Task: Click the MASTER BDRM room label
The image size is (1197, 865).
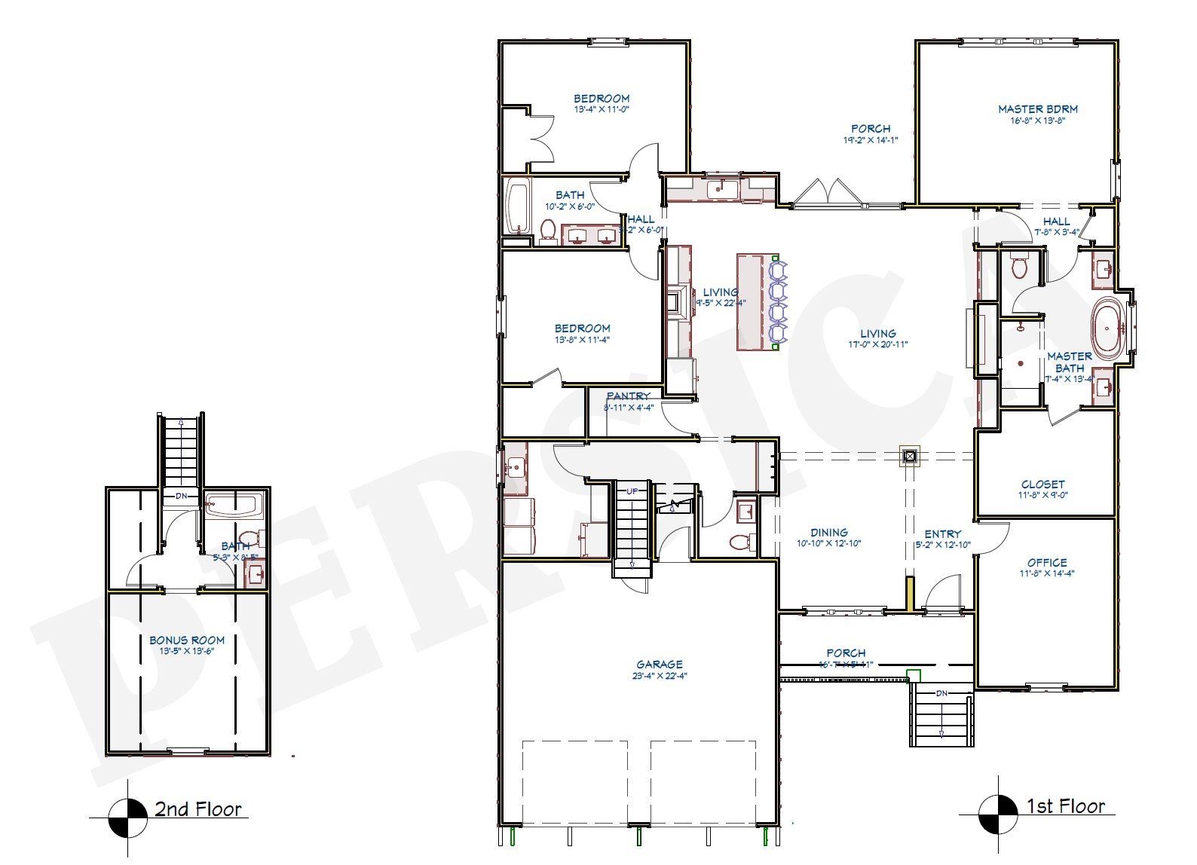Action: click(1037, 109)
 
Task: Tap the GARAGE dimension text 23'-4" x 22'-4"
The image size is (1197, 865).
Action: click(659, 676)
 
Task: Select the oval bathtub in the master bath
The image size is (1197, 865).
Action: click(1108, 329)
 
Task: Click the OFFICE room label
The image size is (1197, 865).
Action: click(1046, 562)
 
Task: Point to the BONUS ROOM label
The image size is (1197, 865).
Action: click(186, 640)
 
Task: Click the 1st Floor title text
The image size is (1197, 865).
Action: click(1065, 806)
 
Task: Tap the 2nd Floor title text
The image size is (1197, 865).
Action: click(197, 809)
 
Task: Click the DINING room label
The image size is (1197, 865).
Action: click(828, 532)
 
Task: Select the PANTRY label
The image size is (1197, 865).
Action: click(628, 396)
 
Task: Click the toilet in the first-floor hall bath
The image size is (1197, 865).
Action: click(548, 229)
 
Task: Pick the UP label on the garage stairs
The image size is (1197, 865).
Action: click(632, 491)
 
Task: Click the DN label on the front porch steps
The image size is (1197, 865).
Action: click(941, 692)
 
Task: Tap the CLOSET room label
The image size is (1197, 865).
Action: click(1042, 484)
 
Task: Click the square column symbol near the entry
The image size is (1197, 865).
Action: click(910, 456)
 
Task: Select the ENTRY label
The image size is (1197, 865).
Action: click(942, 533)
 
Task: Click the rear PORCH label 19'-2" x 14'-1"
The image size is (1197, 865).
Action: click(870, 129)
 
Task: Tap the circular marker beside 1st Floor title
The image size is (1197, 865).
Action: click(998, 815)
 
